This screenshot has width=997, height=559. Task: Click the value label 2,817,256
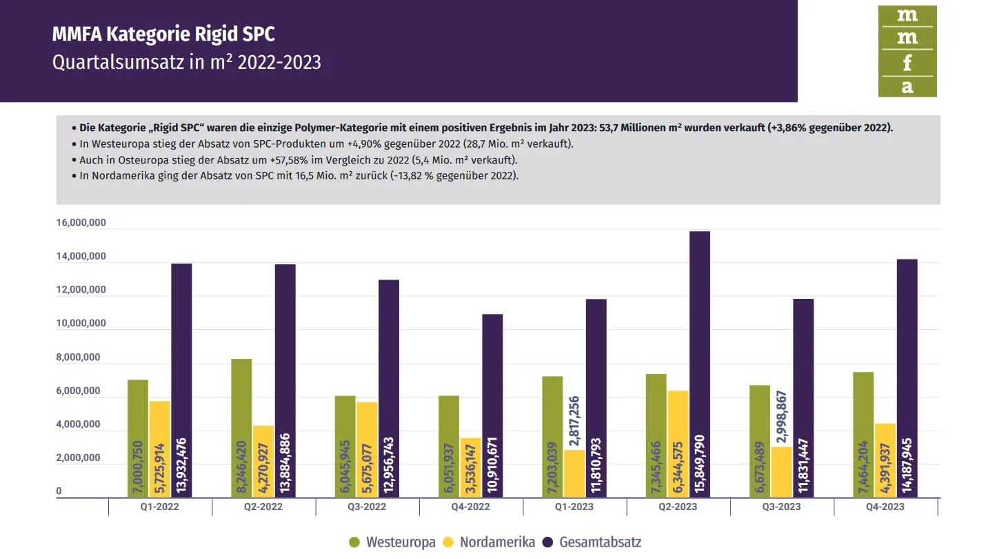point(574,422)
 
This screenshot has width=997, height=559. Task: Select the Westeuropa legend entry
point(392,542)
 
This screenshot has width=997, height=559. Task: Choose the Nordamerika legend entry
point(489,542)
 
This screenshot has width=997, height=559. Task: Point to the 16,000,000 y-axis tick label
point(81,223)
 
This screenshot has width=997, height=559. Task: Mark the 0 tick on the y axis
point(59,491)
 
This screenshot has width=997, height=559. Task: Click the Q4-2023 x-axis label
point(885,507)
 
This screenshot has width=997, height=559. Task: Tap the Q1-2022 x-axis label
point(160,507)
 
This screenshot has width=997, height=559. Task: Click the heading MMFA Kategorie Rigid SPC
point(163,34)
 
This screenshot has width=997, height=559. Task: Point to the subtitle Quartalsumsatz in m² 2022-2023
point(187,62)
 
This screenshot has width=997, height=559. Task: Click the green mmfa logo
point(907,51)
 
